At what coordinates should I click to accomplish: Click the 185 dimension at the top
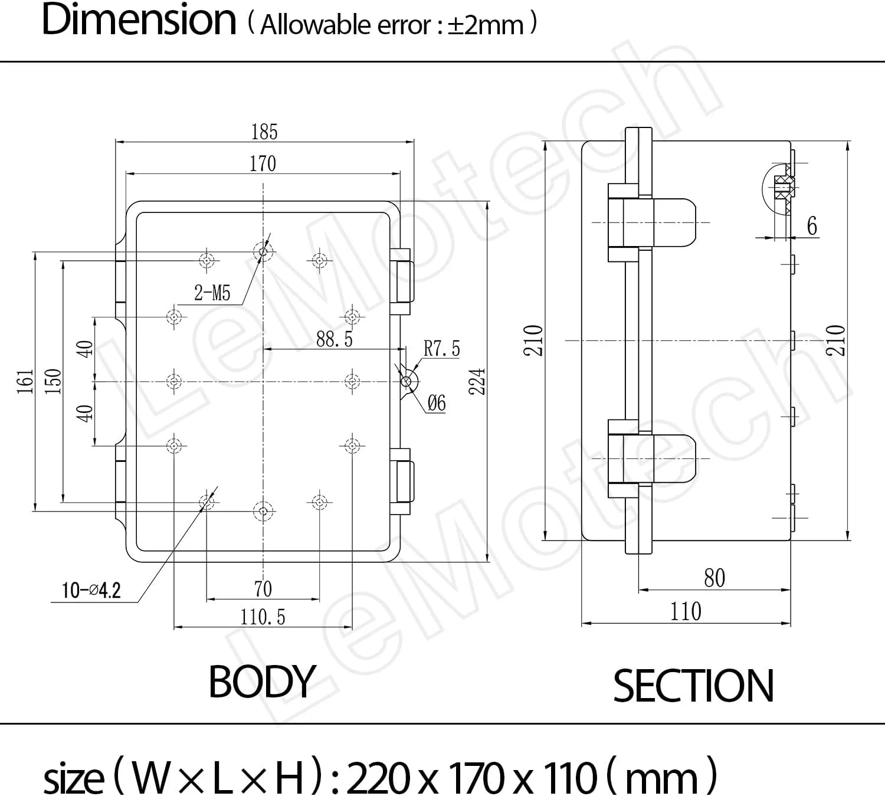coord(264,132)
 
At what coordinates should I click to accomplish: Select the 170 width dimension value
coord(263,163)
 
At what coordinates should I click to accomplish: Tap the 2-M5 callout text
coord(212,293)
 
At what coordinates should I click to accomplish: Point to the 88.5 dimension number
coord(335,339)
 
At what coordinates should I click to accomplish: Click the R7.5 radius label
coord(442,349)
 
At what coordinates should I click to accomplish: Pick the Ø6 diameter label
coord(437,403)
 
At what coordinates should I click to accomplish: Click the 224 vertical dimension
coord(477,382)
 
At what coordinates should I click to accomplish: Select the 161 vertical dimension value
coord(25,382)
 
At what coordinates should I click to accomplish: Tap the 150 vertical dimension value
coord(53,382)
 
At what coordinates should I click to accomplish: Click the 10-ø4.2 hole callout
coord(91,591)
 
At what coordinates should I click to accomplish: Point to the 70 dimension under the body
coord(263,589)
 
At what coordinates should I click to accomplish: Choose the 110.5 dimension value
coord(263,617)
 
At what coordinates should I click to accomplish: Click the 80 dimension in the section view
coord(714,578)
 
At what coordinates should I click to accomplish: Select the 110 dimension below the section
coord(686,611)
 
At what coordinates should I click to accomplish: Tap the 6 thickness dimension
coord(812,226)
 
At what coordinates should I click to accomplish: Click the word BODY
coord(262,682)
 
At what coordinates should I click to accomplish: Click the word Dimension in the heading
coord(139,20)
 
